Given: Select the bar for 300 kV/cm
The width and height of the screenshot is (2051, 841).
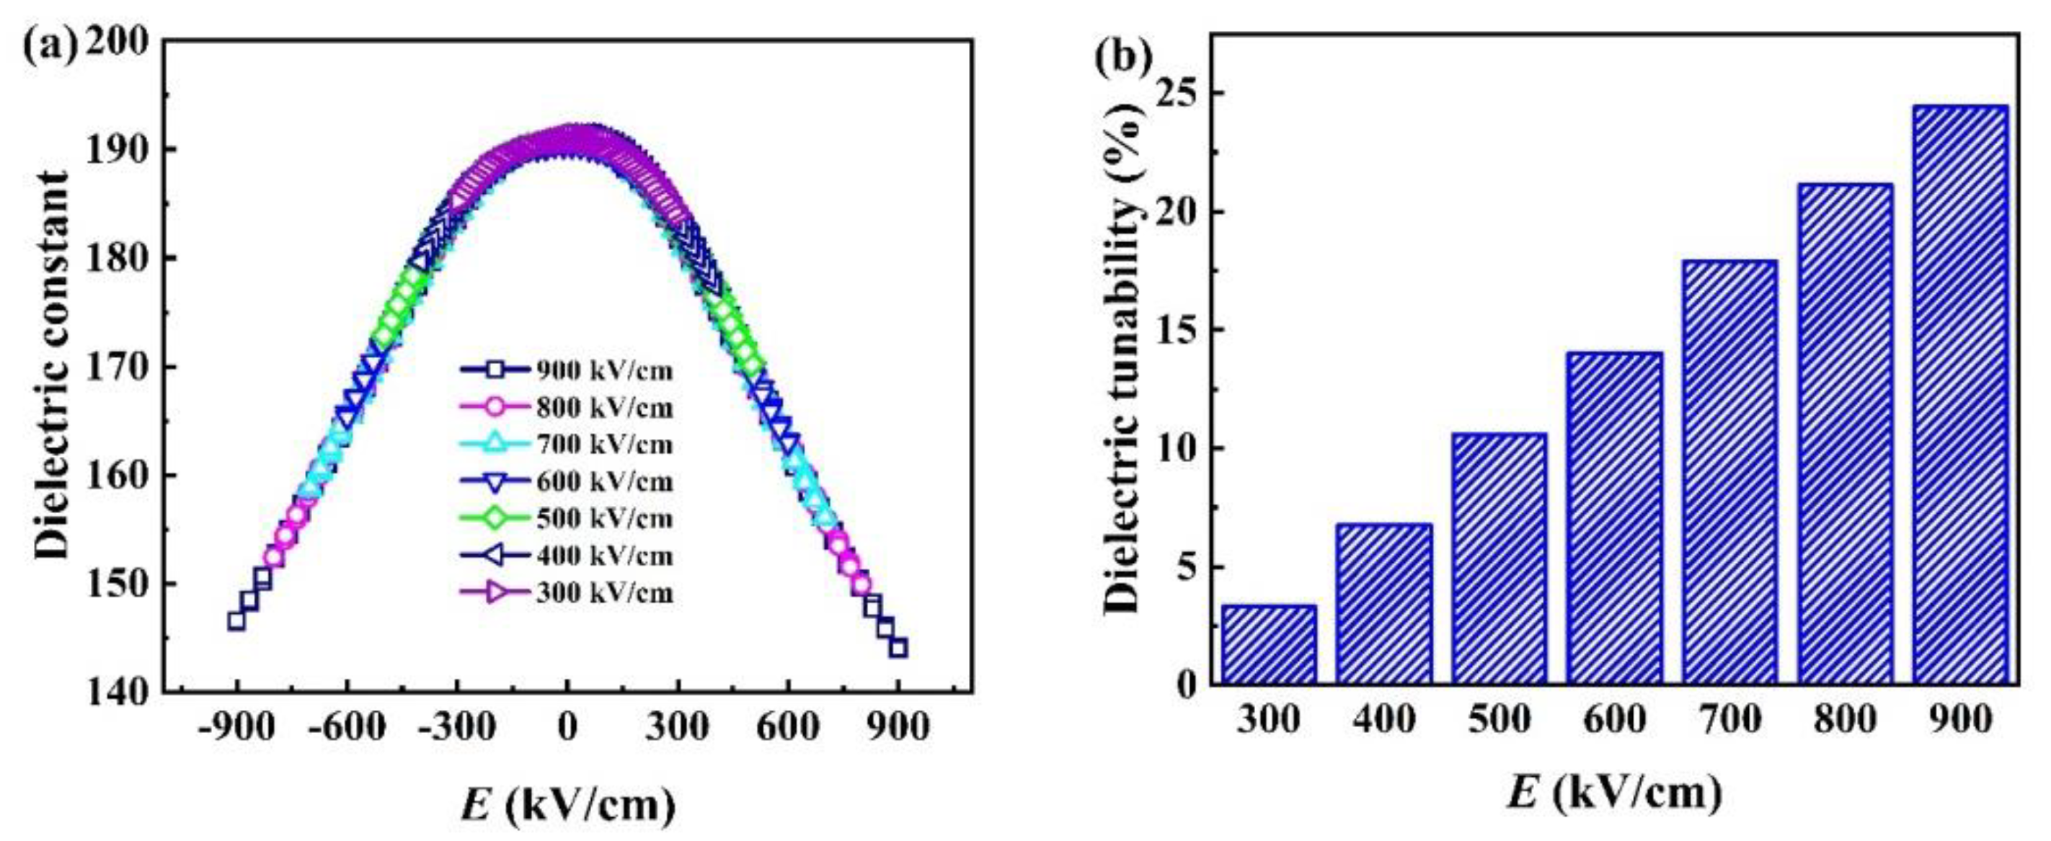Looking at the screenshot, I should [1269, 644].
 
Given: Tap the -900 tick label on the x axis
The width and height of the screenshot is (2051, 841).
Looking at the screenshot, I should [236, 726].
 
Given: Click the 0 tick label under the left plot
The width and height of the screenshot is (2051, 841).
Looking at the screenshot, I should [567, 726].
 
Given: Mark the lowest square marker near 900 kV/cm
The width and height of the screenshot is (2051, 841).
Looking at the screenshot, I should [898, 649].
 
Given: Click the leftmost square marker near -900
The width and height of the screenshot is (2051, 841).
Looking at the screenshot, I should [236, 620].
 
